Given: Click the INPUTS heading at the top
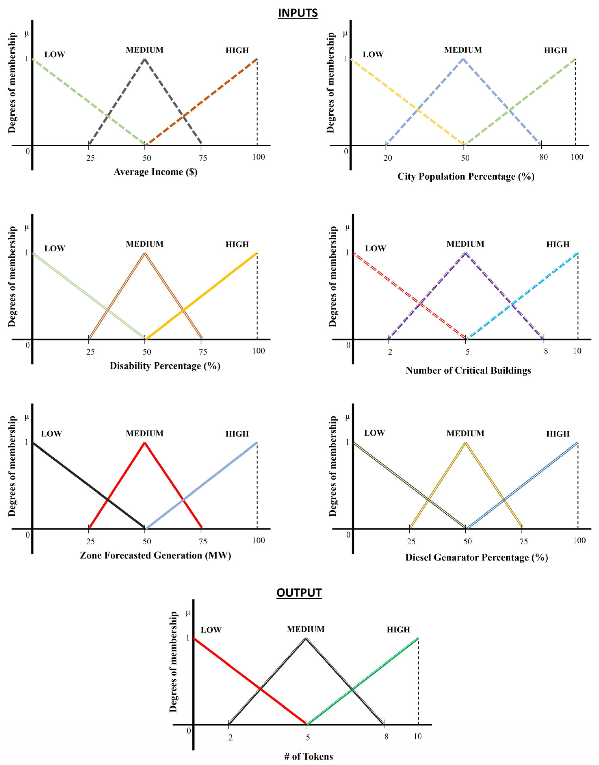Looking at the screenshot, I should click(298, 13).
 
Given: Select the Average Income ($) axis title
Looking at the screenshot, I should click(155, 172).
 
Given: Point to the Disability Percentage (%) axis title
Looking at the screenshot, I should click(165, 366).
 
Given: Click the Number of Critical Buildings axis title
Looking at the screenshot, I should click(468, 370).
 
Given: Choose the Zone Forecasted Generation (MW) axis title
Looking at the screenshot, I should click(155, 556).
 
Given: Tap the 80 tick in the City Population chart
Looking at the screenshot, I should click(543, 157).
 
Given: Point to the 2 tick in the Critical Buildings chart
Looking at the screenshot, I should click(390, 352).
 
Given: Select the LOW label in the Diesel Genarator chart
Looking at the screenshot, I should click(374, 433).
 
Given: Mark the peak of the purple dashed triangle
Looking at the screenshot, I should click(465, 253).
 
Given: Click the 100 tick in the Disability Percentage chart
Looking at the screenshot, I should click(258, 351).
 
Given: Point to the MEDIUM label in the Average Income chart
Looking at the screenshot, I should click(144, 50).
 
